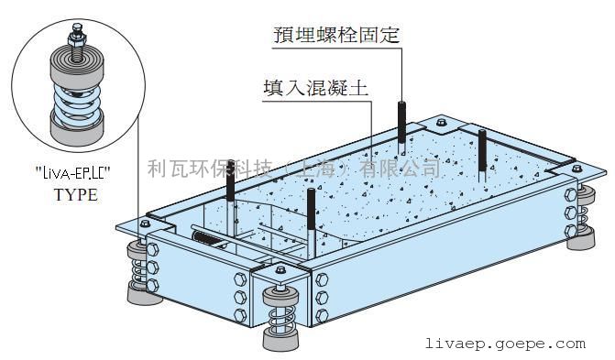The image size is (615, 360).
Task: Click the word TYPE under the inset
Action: point(75,195)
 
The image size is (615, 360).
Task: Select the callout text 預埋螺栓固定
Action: point(337,35)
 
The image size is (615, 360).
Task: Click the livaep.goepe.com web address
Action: point(505,344)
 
